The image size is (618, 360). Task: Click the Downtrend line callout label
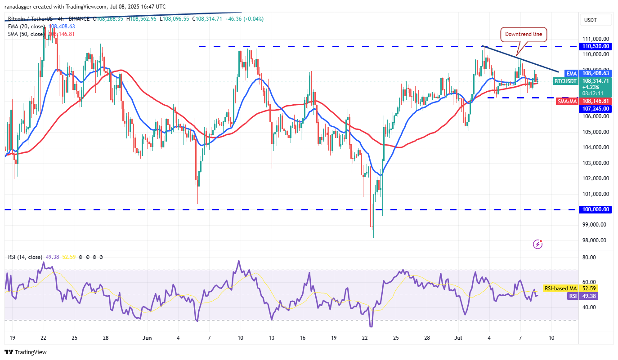point(524,34)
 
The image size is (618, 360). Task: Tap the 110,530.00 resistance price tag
point(595,46)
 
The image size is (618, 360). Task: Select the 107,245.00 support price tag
point(595,108)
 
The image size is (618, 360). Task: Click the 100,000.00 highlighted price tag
point(595,209)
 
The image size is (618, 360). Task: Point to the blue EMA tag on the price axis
point(571,73)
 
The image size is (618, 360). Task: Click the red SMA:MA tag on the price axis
point(566,102)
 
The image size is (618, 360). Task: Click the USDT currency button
point(590,20)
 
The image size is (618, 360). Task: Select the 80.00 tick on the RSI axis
point(589,258)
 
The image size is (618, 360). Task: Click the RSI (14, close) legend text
point(24,257)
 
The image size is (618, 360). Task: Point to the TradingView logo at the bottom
point(26,352)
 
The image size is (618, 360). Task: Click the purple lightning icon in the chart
point(537,244)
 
